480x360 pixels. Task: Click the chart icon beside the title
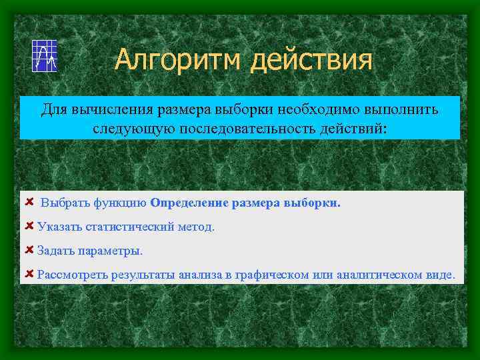point(45,56)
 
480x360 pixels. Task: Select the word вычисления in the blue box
point(110,109)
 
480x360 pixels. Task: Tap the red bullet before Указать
point(29,226)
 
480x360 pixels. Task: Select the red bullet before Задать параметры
point(29,250)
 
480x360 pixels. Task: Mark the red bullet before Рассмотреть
point(29,273)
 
